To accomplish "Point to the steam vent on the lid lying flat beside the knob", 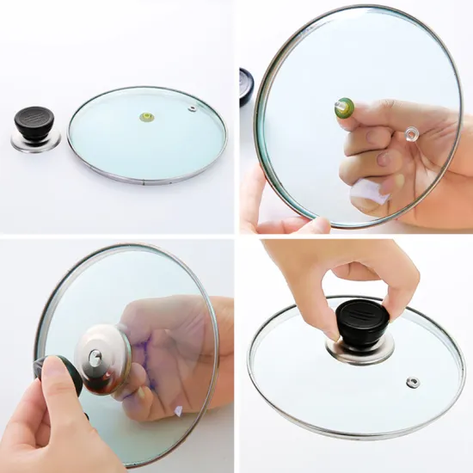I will [x=190, y=108].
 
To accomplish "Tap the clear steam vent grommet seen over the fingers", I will [x=412, y=133].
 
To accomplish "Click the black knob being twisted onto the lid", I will [x=362, y=322].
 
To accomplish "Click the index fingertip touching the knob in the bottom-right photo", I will [x=330, y=328].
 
